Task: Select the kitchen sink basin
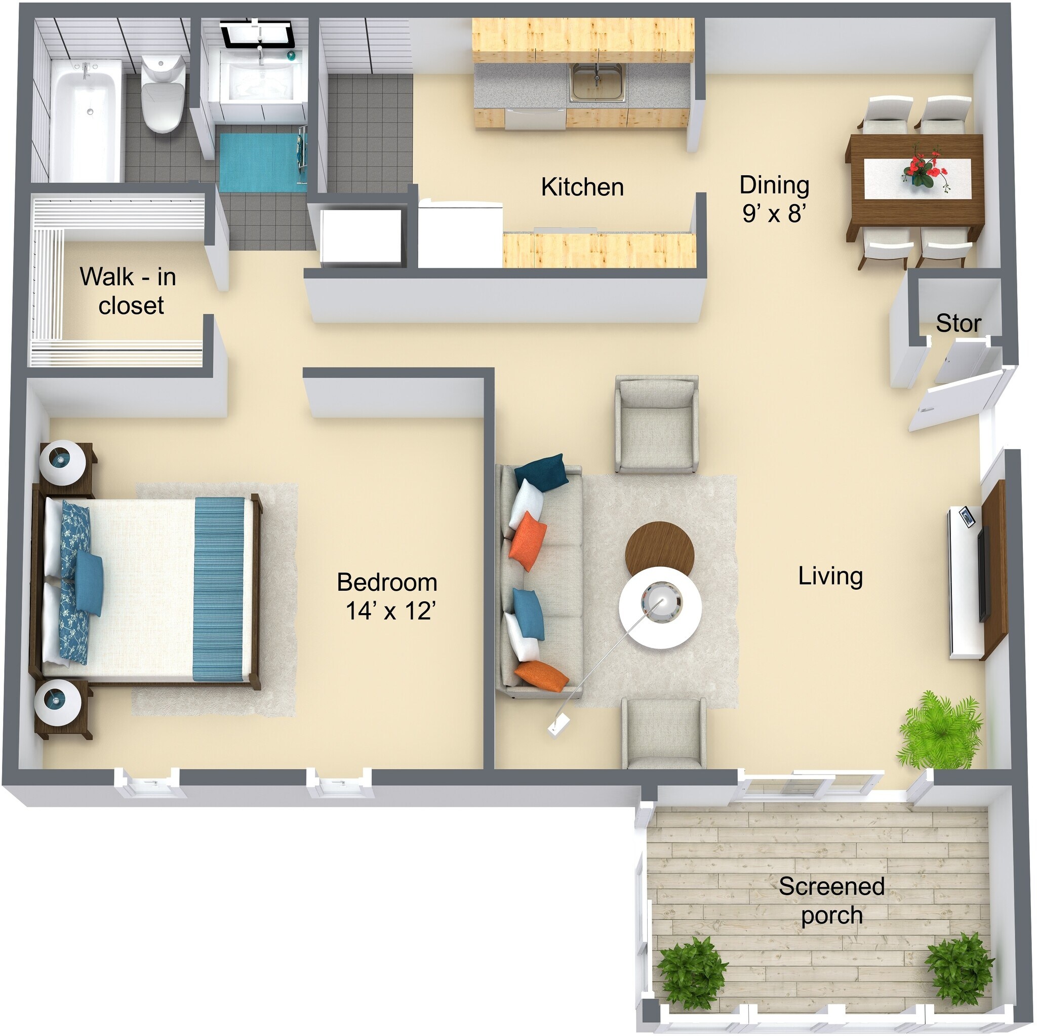597,82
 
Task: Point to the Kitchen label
582,187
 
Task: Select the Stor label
958,323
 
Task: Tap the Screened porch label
831,900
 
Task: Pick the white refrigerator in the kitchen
460,234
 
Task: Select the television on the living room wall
983,574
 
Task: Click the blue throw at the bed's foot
218,589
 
